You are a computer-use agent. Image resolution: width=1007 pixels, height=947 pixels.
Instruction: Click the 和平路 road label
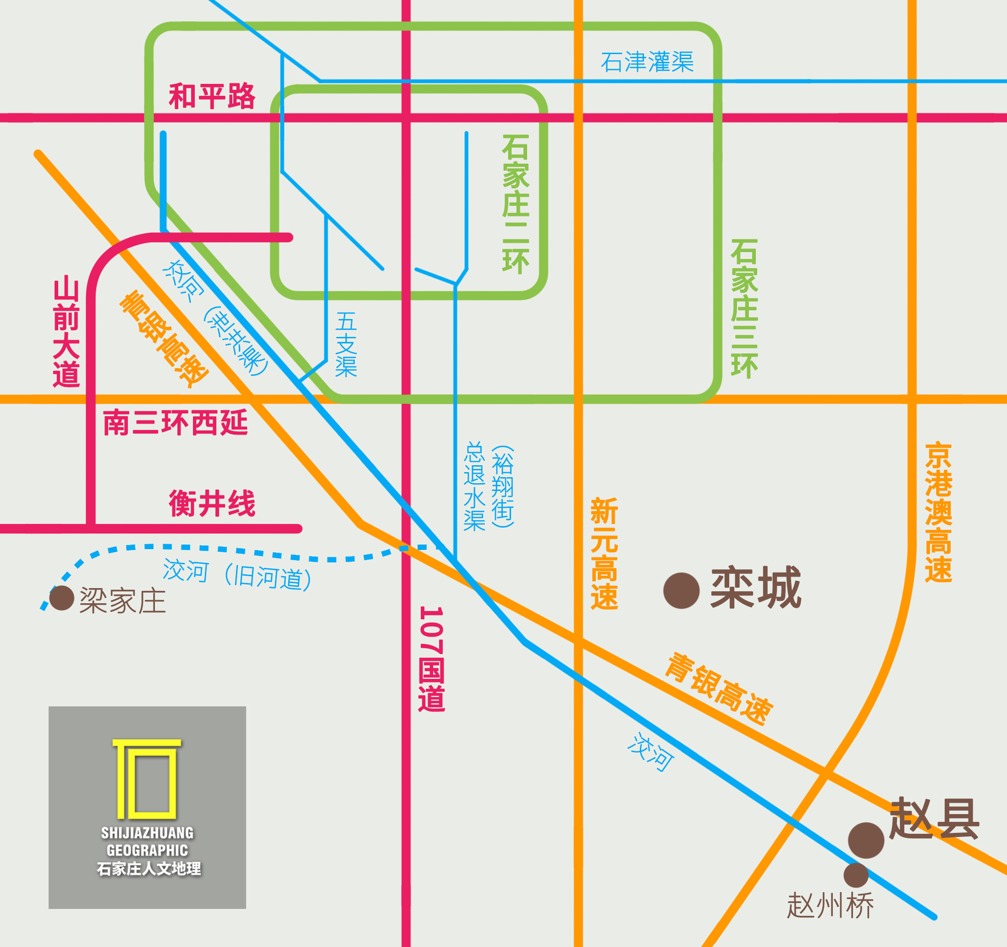(x=212, y=96)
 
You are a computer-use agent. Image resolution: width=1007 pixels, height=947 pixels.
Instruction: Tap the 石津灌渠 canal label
(x=647, y=62)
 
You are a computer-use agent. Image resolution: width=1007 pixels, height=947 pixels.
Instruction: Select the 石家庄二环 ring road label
(x=516, y=204)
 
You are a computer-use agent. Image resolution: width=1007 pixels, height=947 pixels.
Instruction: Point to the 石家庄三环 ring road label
(x=744, y=308)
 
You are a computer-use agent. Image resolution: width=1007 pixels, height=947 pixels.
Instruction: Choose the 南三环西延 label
(x=175, y=423)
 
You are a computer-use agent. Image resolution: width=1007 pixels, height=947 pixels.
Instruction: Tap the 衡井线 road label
(x=212, y=504)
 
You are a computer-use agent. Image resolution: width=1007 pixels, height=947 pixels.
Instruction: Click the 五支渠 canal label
(x=346, y=345)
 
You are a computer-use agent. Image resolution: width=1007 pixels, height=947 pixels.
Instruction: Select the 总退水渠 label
(x=475, y=486)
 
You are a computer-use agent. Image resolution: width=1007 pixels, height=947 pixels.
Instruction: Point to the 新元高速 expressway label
(x=604, y=553)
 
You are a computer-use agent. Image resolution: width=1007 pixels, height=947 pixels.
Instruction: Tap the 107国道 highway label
(x=432, y=659)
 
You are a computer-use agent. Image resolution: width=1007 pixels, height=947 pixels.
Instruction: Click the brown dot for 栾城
(x=681, y=591)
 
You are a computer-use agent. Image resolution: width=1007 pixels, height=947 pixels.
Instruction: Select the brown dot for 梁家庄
(x=62, y=598)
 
